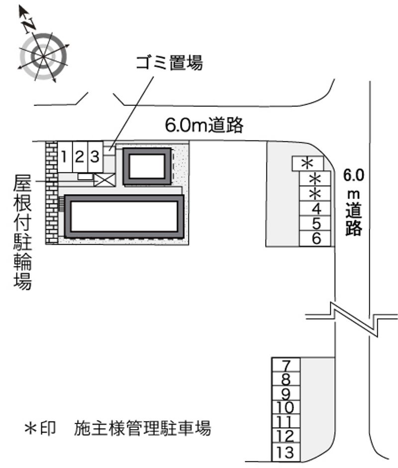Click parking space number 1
[65, 157]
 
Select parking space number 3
[96, 157]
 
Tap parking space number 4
[315, 208]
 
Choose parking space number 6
[315, 239]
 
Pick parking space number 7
[286, 365]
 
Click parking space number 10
[286, 408]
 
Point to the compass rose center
[43, 56]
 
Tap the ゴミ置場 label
[169, 63]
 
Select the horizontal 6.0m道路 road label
[204, 125]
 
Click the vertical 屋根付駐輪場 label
[22, 232]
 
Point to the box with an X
[104, 180]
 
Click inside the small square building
[147, 167]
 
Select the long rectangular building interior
[124, 216]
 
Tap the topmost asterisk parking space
[307, 164]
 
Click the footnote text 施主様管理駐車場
[142, 428]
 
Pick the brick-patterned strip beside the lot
[52, 193]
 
